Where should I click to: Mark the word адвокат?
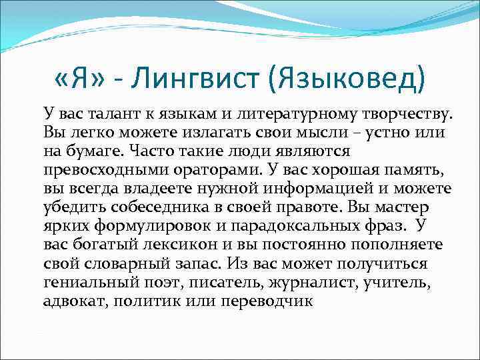(x=75, y=301)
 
